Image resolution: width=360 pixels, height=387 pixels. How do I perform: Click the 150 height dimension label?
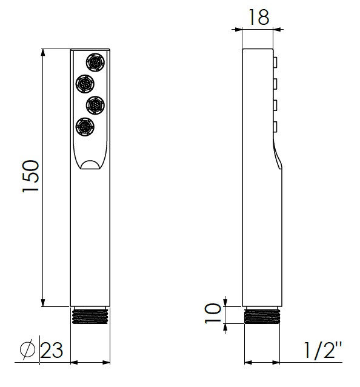(31, 177)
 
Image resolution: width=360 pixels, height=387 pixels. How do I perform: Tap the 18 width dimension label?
(259, 17)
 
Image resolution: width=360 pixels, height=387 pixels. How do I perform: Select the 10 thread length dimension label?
(213, 313)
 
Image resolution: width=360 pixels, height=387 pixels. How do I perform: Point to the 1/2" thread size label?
(322, 350)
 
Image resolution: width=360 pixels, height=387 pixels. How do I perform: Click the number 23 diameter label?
(52, 350)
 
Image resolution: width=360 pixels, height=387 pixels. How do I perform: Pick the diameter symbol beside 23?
(27, 349)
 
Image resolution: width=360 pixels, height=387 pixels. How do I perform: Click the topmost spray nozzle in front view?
(95, 62)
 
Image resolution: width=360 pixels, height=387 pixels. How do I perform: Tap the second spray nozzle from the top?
(85, 84)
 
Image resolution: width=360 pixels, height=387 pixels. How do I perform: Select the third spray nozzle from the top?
(95, 105)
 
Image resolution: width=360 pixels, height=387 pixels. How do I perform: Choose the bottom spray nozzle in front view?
(85, 127)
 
